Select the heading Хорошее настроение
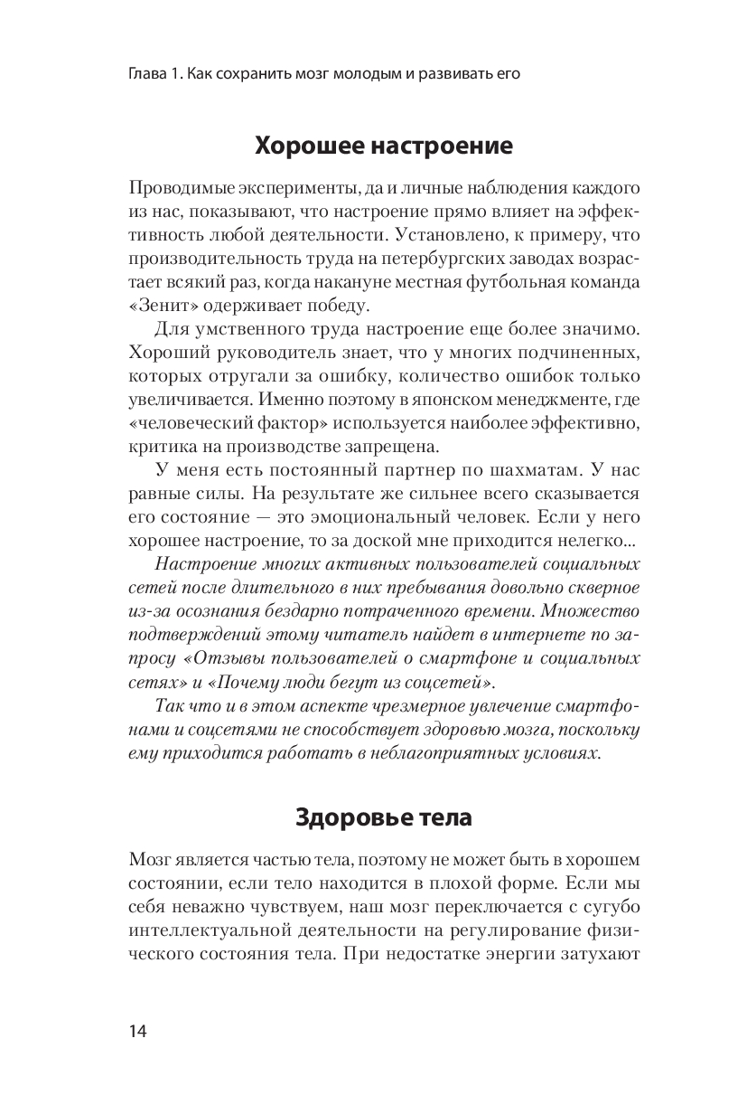[384, 145]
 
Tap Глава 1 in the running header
[155, 74]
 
